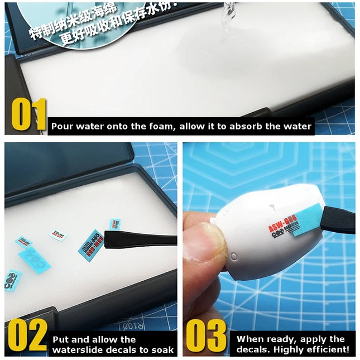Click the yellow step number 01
coord(28,116)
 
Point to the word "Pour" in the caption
coord(63,126)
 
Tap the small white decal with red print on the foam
coord(58,235)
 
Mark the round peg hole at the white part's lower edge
coord(233,257)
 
